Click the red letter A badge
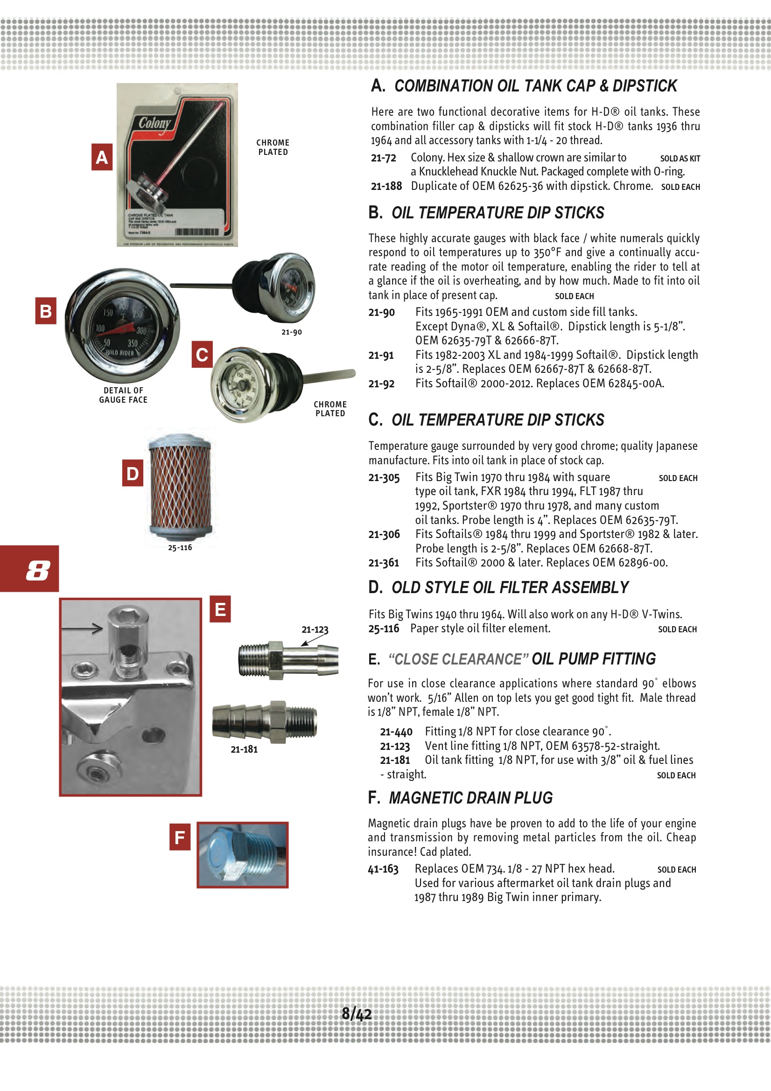coord(102,157)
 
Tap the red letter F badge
coord(180,837)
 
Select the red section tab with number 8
coord(29,568)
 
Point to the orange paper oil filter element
coord(180,487)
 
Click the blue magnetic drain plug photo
coord(242,855)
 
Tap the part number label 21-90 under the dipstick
coord(291,332)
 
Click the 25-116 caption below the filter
coord(180,547)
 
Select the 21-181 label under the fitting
coord(244,749)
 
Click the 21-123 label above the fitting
coord(315,629)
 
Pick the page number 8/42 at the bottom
coord(357,1014)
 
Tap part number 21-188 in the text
coord(386,186)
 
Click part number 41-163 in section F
coord(383,869)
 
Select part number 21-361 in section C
coord(384,563)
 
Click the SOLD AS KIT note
coord(680,159)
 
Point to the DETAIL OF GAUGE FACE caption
coord(123,395)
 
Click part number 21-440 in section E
coord(396,732)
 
